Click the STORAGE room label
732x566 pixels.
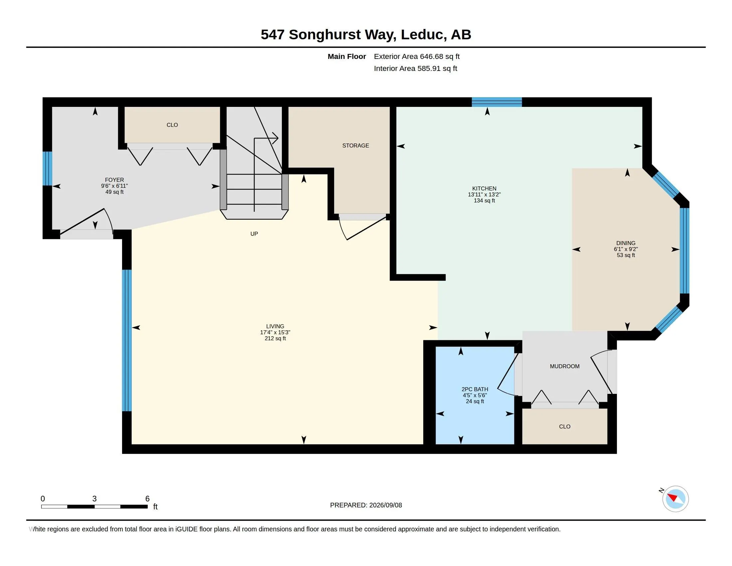click(x=356, y=145)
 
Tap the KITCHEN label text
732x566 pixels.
click(x=484, y=188)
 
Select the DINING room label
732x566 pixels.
click(x=626, y=243)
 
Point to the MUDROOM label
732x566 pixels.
click(x=565, y=366)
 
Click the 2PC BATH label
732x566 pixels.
click(x=475, y=389)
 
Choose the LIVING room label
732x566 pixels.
click(x=275, y=326)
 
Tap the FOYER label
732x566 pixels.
click(x=114, y=180)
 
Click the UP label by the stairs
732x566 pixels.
click(x=254, y=234)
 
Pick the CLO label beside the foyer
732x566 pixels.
click(x=172, y=125)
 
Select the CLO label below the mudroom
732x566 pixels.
click(x=565, y=426)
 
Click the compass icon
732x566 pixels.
click(x=675, y=499)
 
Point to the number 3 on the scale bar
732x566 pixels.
click(x=94, y=499)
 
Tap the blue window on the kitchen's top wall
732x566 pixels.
click(x=497, y=102)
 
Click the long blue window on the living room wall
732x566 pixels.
click(x=127, y=340)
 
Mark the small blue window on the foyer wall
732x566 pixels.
click(x=47, y=168)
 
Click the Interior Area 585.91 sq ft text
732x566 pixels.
click(x=416, y=68)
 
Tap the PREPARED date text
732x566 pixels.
click(x=366, y=505)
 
